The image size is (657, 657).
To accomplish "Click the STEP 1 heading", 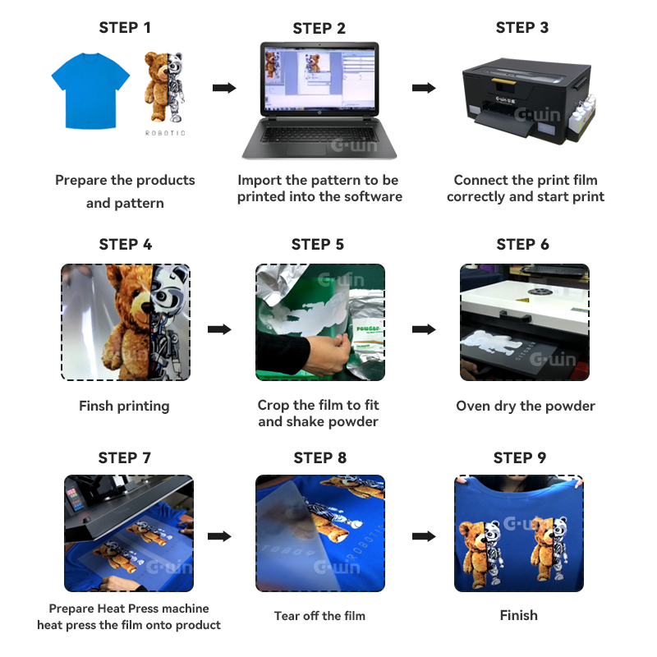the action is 125,28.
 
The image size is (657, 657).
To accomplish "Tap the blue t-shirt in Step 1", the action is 90,90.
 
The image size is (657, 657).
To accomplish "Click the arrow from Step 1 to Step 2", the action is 224,88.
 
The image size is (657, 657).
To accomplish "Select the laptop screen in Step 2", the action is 319,78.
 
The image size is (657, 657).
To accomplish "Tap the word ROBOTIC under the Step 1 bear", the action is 165,133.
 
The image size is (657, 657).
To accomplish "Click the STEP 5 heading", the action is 318,244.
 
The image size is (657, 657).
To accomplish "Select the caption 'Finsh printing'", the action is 125,406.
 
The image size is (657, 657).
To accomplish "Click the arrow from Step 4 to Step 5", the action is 219,329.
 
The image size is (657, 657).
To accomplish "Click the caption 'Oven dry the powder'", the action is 526,406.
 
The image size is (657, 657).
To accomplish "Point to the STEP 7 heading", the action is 125,458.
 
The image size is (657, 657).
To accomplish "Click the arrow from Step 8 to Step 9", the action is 424,536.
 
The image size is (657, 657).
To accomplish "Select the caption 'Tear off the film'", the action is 319,616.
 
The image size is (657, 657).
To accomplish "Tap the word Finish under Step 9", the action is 519,615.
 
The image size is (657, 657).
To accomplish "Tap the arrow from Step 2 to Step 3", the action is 424,88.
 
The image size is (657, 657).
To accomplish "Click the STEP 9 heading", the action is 520,458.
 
